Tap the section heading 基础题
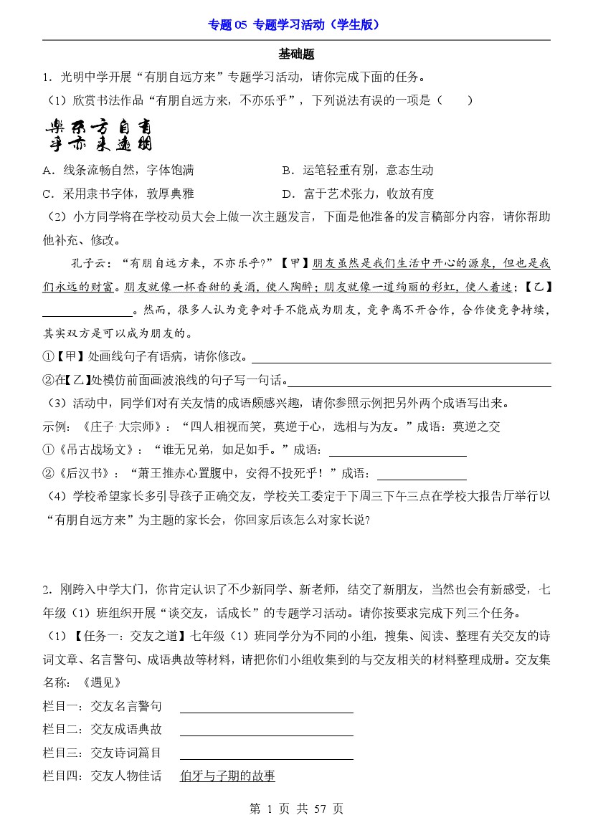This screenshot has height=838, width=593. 296,54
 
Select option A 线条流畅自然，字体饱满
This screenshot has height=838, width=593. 118,171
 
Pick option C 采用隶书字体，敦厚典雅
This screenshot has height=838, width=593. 118,194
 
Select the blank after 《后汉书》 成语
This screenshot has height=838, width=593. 422,474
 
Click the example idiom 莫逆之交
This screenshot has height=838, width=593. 477,427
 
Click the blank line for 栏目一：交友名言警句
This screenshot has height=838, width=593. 266,707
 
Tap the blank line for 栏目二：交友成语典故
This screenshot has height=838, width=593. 266,730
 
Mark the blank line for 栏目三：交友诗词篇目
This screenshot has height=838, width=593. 266,753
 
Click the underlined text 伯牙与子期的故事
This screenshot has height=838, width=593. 227,776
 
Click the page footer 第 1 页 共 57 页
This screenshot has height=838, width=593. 296,809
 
